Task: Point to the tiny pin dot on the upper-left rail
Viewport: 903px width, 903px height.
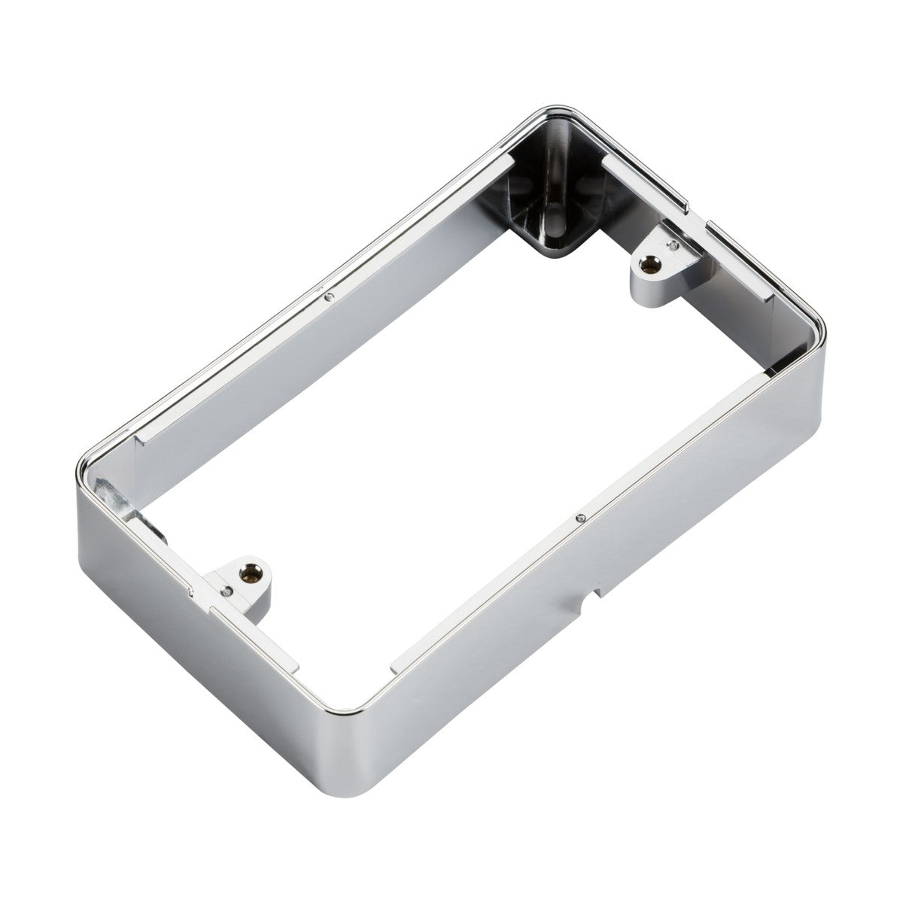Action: click(328, 296)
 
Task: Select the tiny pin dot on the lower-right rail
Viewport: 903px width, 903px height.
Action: click(581, 518)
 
